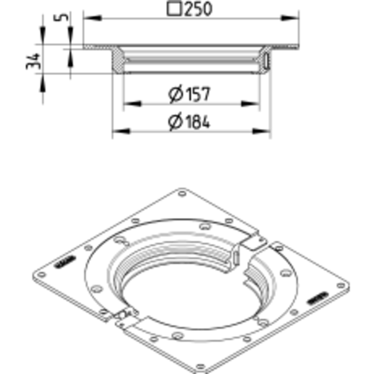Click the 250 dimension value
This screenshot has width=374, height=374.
tap(198, 9)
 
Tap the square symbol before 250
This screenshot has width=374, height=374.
tap(174, 9)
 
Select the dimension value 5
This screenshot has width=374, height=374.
tap(61, 17)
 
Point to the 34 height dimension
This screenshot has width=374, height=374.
tap(33, 61)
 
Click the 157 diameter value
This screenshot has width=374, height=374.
tap(198, 94)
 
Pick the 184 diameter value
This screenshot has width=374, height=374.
tap(198, 122)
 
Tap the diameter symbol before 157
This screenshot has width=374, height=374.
tap(176, 94)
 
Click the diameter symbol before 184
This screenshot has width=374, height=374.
tap(176, 122)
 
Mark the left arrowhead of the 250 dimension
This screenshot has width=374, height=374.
tap(93, 18)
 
